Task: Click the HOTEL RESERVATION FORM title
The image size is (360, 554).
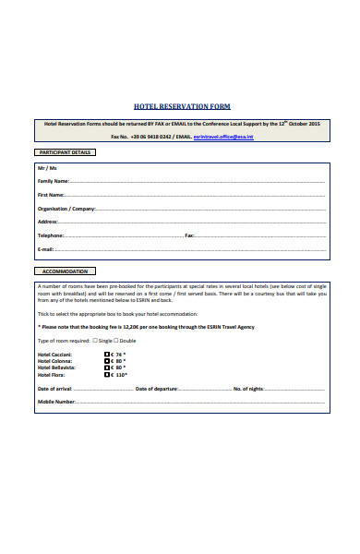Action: [182, 106]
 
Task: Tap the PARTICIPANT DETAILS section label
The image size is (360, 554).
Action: [64, 152]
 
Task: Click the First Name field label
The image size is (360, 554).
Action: [51, 196]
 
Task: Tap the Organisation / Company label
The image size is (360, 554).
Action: [66, 209]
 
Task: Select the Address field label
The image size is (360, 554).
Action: [48, 222]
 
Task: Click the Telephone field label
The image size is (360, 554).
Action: [51, 235]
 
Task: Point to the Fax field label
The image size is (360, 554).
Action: [189, 235]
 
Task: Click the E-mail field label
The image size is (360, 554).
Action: [46, 249]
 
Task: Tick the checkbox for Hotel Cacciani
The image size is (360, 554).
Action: [105, 355]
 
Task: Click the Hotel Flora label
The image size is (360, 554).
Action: [51, 375]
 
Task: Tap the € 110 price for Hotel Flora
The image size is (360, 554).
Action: [118, 375]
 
